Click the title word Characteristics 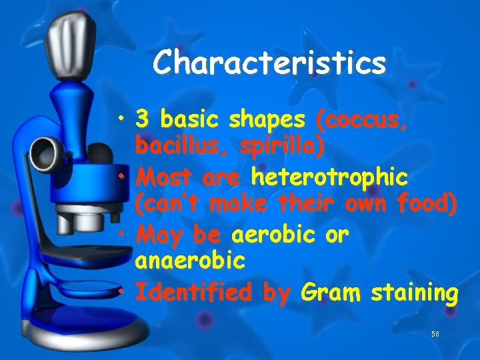point(269,63)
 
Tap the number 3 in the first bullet point(141,120)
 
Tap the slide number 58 point(436,333)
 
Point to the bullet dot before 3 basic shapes point(124,121)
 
